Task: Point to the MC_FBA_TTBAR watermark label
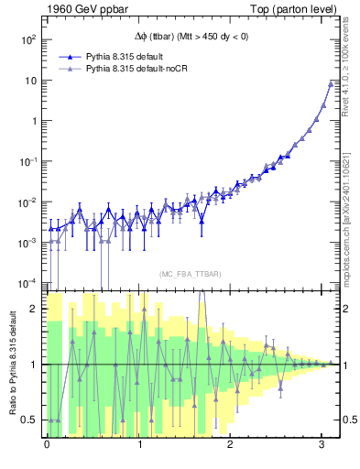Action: [190, 274]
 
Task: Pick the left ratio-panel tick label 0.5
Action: [30, 420]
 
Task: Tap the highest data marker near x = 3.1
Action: [330, 84]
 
